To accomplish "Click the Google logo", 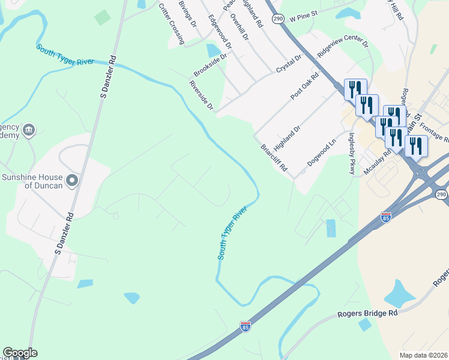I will click(20, 353).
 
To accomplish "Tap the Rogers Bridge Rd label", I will click(367, 314).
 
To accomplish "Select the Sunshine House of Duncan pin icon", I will click(73, 180).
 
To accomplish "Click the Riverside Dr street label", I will click(201, 95).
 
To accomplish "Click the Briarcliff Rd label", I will click(274, 158).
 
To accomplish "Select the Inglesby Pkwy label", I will click(352, 154).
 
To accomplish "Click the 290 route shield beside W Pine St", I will click(277, 19).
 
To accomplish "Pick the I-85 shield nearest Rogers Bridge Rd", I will click(245, 326).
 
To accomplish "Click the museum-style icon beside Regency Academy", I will click(28, 130).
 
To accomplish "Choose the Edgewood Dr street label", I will click(220, 32).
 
